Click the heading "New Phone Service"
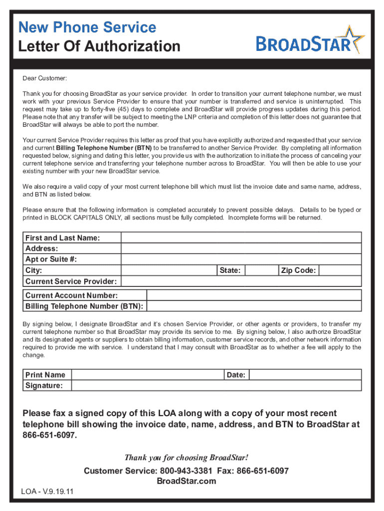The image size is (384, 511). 87,27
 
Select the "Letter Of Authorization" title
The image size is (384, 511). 99,46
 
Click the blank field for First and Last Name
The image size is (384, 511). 241,238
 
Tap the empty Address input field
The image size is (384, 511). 241,249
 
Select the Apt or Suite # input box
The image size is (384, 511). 241,259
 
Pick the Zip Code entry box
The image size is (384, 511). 340,270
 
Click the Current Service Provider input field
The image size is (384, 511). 241,281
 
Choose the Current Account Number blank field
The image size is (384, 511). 254,295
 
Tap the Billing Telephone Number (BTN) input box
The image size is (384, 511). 254,306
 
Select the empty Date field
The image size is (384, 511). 305,375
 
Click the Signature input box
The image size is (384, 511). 216,386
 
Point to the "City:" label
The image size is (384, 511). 34,270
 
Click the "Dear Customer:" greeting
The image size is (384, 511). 44,78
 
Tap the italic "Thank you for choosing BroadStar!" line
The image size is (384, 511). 186,458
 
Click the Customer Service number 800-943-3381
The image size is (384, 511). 186,471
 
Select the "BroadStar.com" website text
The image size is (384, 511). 187,481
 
